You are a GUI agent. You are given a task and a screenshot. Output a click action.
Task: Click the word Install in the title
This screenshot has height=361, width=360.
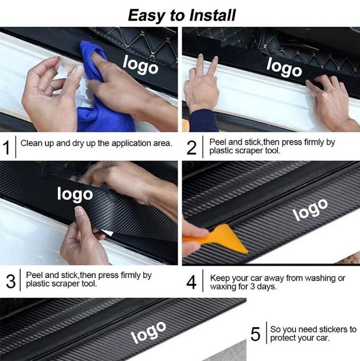pyautogui.click(x=213, y=15)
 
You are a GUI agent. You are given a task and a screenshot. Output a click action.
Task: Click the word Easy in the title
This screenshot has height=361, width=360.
pyautogui.click(x=145, y=16)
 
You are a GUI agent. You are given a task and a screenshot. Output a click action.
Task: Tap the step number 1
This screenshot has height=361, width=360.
pyautogui.click(x=7, y=147)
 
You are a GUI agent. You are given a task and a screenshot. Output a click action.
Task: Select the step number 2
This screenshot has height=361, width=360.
pyautogui.click(x=191, y=147)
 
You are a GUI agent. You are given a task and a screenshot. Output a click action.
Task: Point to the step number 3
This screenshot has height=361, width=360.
pyautogui.click(x=11, y=281)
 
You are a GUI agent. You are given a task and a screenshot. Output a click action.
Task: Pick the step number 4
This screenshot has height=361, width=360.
pyautogui.click(x=191, y=282)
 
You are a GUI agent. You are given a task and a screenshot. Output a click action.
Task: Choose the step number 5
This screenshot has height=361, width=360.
pyautogui.click(x=256, y=334)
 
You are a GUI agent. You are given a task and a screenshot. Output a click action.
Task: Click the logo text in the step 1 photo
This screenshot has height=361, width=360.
pyautogui.click(x=140, y=65)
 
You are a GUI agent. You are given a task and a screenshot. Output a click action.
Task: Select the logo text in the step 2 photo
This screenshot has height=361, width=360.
pyautogui.click(x=284, y=67)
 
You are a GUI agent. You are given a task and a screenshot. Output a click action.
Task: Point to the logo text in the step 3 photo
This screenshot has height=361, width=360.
pyautogui.click(x=75, y=195)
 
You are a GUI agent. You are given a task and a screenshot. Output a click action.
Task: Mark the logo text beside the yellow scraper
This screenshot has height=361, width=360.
pyautogui.click(x=310, y=209)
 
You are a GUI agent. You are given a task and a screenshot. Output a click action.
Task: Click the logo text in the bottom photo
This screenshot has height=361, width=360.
pyautogui.click(x=148, y=332)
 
